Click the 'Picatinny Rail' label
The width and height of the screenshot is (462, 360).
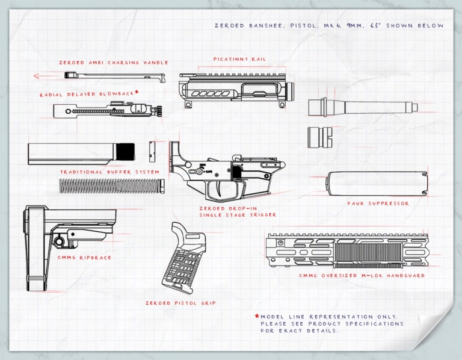[x=239, y=60]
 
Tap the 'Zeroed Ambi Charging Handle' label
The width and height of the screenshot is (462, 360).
[x=114, y=63]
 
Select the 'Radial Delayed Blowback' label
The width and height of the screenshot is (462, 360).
[x=87, y=95]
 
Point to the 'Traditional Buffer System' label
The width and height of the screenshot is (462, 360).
[x=110, y=172]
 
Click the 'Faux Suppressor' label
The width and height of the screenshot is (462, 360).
[x=378, y=203]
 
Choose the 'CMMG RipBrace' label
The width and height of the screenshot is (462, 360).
[x=84, y=258]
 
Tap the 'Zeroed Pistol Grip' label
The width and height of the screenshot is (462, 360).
[x=180, y=303]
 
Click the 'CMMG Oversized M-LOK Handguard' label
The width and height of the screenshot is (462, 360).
[x=362, y=276]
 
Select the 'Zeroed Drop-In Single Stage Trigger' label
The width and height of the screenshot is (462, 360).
[x=238, y=211]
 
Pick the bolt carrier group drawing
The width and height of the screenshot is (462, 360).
[x=108, y=111]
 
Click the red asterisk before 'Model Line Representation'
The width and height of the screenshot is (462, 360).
[x=257, y=317]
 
